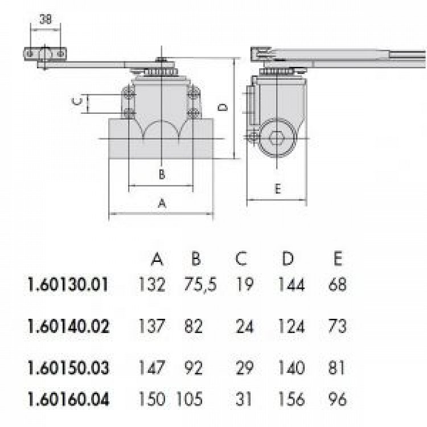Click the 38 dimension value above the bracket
pyautogui.click(x=46, y=19)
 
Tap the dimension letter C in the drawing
pyautogui.click(x=77, y=101)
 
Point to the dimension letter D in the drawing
pyautogui.click(x=223, y=107)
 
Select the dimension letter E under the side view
pyautogui.click(x=277, y=189)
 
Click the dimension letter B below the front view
pyautogui.click(x=162, y=174)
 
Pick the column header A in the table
pyautogui.click(x=157, y=258)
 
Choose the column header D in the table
pyautogui.click(x=288, y=258)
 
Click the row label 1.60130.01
pyautogui.click(x=68, y=285)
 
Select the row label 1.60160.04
pyautogui.click(x=68, y=399)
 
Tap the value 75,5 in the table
pyautogui.click(x=200, y=285)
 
